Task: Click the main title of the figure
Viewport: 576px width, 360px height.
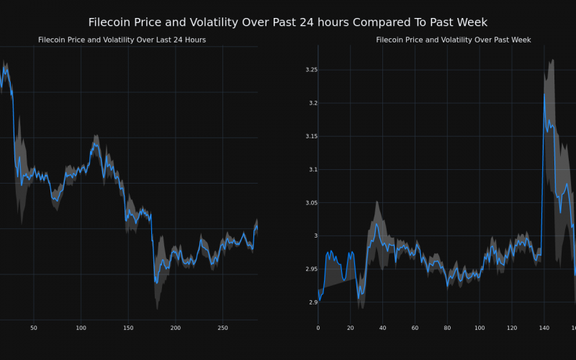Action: (x=288, y=22)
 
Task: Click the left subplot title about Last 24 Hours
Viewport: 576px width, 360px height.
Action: (x=122, y=40)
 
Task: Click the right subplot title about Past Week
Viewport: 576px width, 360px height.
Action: (x=454, y=40)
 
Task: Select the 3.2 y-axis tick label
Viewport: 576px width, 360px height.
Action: (x=312, y=103)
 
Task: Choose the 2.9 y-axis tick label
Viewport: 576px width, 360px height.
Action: (x=312, y=302)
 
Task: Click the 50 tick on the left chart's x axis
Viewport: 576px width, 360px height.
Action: (x=34, y=328)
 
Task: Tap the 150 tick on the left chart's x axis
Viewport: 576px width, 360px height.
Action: (x=128, y=328)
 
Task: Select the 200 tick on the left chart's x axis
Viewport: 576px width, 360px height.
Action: (x=176, y=328)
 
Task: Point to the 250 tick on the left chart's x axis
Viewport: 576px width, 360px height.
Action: (x=222, y=328)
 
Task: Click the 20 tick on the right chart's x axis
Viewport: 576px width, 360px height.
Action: (x=350, y=328)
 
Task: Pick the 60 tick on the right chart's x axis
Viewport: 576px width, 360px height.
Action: (x=415, y=328)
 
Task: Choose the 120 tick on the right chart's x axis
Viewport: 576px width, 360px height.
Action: (x=511, y=328)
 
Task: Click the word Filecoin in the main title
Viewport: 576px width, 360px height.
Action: (x=113, y=22)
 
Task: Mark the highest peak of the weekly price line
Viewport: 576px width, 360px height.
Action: (x=544, y=94)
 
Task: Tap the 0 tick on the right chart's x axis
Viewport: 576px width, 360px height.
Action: (x=318, y=328)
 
